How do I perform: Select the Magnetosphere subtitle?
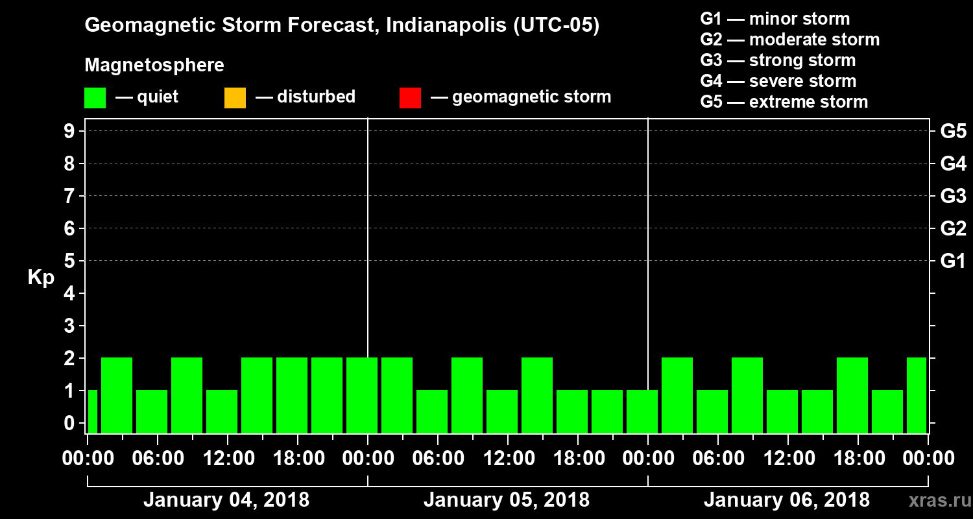pyautogui.click(x=154, y=66)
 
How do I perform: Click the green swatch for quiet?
pyautogui.click(x=95, y=98)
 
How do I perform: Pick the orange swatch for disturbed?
pyautogui.click(x=235, y=98)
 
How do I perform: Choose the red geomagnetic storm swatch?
pyautogui.click(x=410, y=98)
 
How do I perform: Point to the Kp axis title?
pyautogui.click(x=41, y=278)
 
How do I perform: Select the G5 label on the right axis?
pyautogui.click(x=953, y=131)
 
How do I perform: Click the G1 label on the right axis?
pyautogui.click(x=953, y=261)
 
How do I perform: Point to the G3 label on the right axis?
pyautogui.click(x=953, y=196)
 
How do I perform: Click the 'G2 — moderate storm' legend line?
pyautogui.click(x=789, y=40)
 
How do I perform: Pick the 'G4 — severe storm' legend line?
pyautogui.click(x=778, y=81)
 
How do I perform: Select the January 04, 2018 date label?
pyautogui.click(x=226, y=500)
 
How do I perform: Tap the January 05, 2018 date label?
pyautogui.click(x=506, y=500)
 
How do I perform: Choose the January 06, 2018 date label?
pyautogui.click(x=786, y=500)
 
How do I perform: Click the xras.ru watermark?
pyautogui.click(x=935, y=500)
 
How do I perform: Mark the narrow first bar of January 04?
pyautogui.click(x=92, y=411)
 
